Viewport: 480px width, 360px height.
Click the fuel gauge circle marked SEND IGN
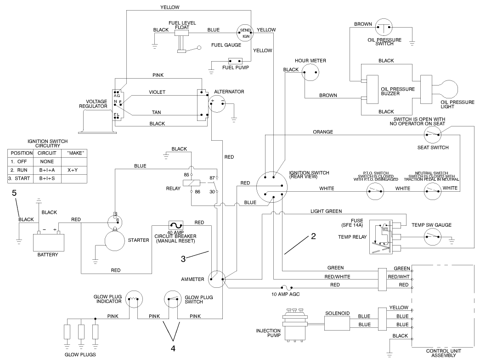244,32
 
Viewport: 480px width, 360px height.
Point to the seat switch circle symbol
432,134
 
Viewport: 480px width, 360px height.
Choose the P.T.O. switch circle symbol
375,190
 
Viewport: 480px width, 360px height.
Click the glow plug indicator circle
134,300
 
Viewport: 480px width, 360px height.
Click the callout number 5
14,193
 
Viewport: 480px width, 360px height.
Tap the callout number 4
173,348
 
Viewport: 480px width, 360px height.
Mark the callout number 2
313,237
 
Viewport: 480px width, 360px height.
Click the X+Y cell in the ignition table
72,169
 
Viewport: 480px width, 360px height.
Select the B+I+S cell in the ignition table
46,178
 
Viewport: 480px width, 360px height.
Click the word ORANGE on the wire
323,132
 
